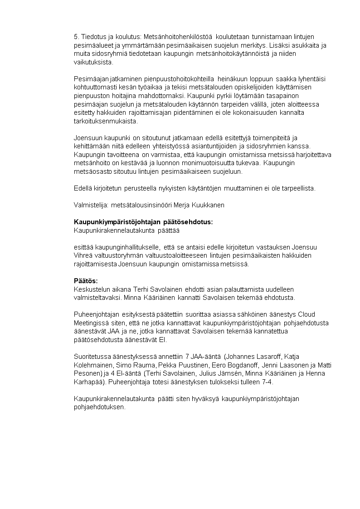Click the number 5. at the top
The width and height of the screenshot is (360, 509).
(x=76, y=36)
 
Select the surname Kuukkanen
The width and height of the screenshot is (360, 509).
(x=208, y=205)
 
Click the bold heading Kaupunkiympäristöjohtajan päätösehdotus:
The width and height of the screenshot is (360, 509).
(x=143, y=222)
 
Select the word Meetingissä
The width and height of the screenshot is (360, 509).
(x=92, y=323)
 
